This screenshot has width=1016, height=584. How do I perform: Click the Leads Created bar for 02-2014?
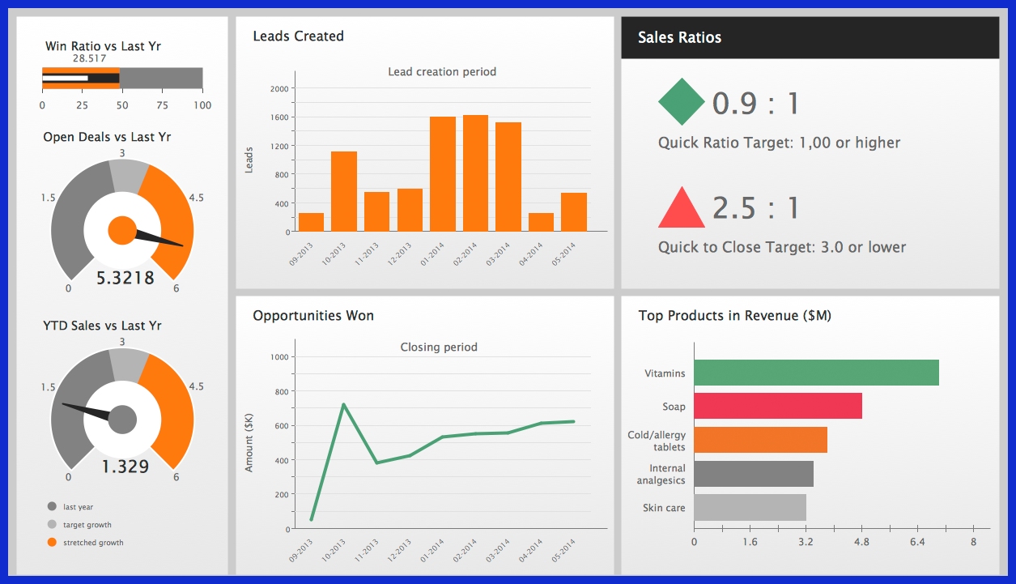pos(475,173)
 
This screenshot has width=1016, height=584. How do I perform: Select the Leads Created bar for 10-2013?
pos(344,191)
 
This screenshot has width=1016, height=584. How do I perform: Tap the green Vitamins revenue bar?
pos(816,373)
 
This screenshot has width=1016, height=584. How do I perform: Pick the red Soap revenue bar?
pos(777,407)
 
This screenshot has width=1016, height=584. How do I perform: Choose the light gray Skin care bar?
pos(750,508)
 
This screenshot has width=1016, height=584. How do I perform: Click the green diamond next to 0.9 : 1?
pos(681,103)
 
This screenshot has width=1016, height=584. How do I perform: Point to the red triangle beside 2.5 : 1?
pos(681,208)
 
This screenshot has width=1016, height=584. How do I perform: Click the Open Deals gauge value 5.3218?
pos(125,278)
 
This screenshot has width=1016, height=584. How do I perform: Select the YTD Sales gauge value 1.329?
pos(125,467)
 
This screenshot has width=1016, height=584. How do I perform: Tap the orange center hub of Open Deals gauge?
pos(122,231)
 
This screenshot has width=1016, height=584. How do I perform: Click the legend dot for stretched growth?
pos(53,542)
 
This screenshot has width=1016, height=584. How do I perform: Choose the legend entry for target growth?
pos(87,525)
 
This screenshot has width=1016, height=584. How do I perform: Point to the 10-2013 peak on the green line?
pos(344,404)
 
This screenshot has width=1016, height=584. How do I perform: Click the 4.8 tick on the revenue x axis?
pos(861,542)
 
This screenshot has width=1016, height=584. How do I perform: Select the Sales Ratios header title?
pos(679,37)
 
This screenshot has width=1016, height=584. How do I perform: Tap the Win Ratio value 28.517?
pos(89,58)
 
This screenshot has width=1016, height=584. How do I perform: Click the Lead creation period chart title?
pos(442,72)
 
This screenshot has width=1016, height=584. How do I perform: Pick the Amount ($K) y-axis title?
pos(249,441)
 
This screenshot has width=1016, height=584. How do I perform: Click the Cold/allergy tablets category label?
pos(656,441)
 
